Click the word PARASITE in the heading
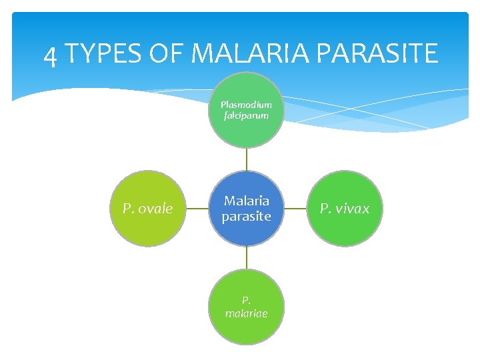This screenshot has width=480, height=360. tap(379, 53)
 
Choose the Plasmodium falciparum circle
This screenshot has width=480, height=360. tap(247, 110)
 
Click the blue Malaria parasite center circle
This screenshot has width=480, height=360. tap(247, 209)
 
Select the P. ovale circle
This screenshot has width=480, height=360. tap(147, 209)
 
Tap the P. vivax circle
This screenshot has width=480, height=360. tap(344, 209)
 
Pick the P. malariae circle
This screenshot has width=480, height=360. tap(247, 307)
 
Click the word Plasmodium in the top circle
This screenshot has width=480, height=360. tap(247, 105)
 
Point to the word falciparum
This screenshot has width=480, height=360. tap(247, 115)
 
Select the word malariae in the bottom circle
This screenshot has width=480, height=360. tap(247, 313)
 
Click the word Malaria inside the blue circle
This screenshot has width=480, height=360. tap(247, 201)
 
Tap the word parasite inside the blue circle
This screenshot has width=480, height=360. tap(247, 217)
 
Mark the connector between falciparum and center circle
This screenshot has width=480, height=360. tap(247, 159)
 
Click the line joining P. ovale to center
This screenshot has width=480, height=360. tap(197, 209)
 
